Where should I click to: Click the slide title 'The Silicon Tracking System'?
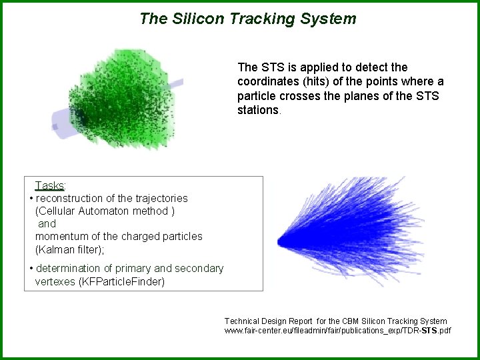point(248,19)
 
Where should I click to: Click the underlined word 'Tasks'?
point(49,185)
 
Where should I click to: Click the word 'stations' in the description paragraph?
point(259,110)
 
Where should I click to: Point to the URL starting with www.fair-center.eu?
point(337,331)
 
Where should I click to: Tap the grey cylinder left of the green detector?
point(64,123)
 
